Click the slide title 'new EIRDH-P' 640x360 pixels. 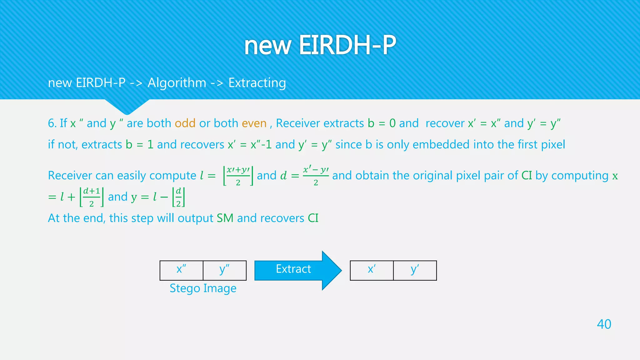point(320,45)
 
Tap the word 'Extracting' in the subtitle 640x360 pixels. point(257,83)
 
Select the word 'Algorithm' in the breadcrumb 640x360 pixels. point(177,83)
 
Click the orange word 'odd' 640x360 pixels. point(185,123)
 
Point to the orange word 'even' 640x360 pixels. point(254,123)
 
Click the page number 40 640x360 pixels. point(604,324)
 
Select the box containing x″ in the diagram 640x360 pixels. point(181,270)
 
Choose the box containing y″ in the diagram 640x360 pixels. point(224,270)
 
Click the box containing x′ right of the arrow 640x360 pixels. point(372,270)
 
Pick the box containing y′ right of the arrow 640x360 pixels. point(415,270)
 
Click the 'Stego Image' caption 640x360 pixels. point(203,288)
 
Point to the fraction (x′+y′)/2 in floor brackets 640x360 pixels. point(238,176)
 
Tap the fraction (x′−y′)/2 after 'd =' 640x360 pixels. point(316,176)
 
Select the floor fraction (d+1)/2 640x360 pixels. point(91,197)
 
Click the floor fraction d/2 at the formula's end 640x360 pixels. point(178,197)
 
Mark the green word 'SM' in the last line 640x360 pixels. point(225,218)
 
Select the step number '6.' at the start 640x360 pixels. point(52,123)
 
